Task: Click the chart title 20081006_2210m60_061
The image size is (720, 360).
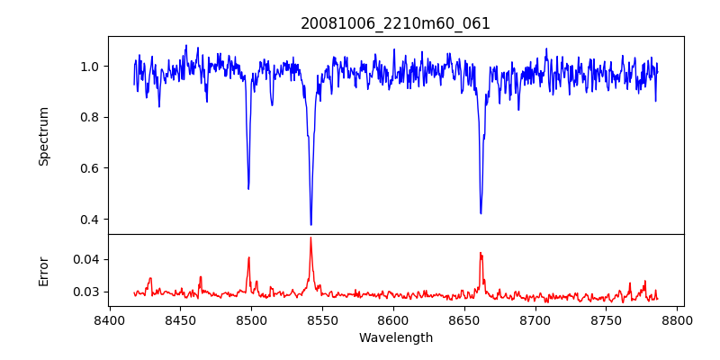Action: click(x=395, y=23)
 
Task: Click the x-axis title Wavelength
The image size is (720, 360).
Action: click(x=395, y=337)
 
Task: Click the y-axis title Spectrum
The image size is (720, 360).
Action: click(x=43, y=136)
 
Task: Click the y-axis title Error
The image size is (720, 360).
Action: click(x=43, y=271)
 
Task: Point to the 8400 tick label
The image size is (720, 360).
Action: click(x=109, y=319)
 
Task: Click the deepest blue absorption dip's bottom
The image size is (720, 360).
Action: click(x=310, y=225)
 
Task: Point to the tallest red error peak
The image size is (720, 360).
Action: click(x=310, y=238)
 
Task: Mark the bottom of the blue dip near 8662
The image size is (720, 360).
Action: click(x=481, y=213)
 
